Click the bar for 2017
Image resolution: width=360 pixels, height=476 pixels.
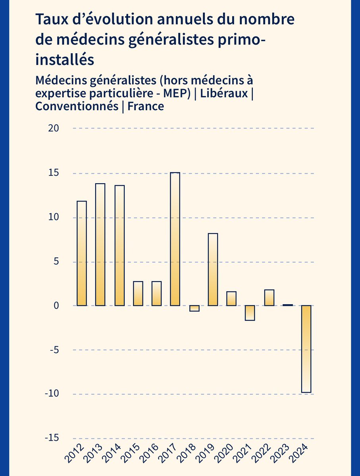tap(175, 239)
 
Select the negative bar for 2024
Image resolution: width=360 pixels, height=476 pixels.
tap(306, 349)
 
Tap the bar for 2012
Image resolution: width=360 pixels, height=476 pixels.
tap(82, 253)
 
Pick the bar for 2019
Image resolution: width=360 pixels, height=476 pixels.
tap(213, 270)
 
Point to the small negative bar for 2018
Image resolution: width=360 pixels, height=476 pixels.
tap(194, 309)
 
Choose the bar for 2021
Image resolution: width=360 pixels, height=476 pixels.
tap(250, 313)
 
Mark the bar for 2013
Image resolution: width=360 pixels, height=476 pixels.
tap(100, 245)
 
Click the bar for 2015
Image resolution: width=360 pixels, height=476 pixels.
tap(138, 294)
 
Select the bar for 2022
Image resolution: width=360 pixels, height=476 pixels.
tap(269, 298)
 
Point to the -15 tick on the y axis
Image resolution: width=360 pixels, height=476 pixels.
tap(52, 438)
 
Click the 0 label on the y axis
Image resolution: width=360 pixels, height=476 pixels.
tap(56, 306)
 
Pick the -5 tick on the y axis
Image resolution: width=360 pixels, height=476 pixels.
tap(54, 350)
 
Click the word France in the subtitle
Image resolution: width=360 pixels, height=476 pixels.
tap(146, 107)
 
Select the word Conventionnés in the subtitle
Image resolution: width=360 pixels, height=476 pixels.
tap(76, 107)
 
